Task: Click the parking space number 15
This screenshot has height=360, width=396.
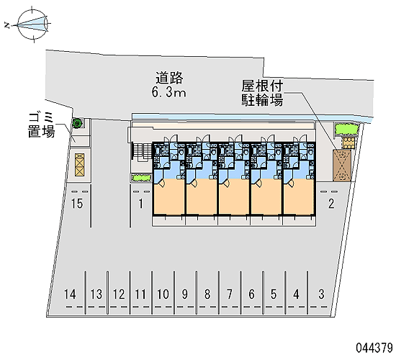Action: click(77, 204)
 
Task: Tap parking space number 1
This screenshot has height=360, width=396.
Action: click(140, 204)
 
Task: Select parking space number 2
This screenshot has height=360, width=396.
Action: click(331, 204)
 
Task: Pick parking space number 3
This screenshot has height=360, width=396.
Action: click(321, 294)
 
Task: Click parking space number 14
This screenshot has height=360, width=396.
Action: click(70, 294)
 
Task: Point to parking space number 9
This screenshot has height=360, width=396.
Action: click(185, 294)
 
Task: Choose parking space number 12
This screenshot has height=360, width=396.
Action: click(119, 294)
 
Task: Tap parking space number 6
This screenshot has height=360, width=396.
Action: click(251, 294)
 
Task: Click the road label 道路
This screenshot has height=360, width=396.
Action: click(169, 78)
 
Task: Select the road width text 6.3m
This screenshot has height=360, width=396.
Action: click(168, 92)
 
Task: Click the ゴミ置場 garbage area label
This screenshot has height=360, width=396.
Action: click(42, 125)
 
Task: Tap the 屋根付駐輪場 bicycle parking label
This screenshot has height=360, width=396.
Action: click(262, 93)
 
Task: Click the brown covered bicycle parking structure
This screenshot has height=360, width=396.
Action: click(342, 166)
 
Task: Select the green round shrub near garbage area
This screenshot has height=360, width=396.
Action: click(77, 123)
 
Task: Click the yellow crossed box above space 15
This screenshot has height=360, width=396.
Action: click(79, 165)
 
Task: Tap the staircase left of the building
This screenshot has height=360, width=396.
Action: click(141, 152)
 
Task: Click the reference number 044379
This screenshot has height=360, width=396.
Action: click(374, 348)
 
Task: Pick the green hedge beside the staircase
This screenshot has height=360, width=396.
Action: click(141, 178)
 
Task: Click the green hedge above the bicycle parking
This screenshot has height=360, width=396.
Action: click(346, 130)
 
